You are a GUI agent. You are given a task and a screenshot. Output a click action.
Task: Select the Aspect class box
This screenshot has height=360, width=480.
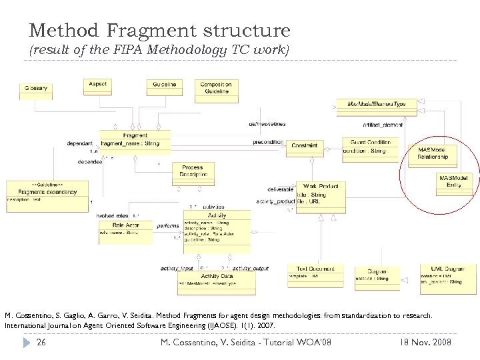[x=97, y=87]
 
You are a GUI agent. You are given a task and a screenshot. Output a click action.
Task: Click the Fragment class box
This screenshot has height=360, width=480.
[x=135, y=141]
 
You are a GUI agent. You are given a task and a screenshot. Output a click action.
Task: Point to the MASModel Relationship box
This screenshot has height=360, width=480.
[x=433, y=155]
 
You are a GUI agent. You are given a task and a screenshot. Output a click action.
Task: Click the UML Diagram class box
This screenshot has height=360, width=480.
[x=447, y=275]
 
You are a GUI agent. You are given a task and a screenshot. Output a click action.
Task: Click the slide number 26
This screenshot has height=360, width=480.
[x=41, y=343]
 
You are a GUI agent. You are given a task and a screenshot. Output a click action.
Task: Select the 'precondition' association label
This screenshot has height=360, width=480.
[x=268, y=142]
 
